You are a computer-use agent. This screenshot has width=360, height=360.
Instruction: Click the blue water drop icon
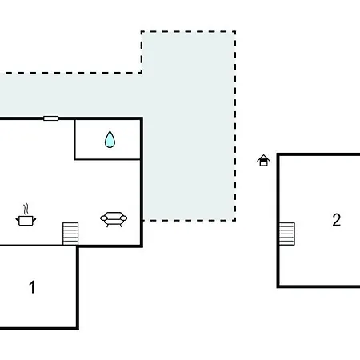[x=110, y=140]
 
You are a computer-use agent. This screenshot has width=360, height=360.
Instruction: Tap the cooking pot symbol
[x=26, y=221]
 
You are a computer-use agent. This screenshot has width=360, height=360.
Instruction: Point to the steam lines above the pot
[x=26, y=210]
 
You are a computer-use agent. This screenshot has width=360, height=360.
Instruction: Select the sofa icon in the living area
[x=114, y=219]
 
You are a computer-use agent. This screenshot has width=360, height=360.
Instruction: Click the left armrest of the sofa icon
[x=104, y=218]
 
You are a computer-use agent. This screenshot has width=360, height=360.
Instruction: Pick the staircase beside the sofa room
[x=70, y=234]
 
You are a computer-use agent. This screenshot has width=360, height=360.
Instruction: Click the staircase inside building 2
[x=287, y=234]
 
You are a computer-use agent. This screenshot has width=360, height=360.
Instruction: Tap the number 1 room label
[x=32, y=287]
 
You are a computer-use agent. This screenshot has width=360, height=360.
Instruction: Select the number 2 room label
[x=337, y=220]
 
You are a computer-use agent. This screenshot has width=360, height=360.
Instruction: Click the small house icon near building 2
[x=263, y=161]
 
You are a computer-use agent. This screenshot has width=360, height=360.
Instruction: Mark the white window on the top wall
[x=51, y=118]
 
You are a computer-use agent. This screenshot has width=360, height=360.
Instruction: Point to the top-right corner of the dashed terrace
[x=235, y=32]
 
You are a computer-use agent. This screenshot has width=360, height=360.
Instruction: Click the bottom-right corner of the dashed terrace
[x=235, y=220]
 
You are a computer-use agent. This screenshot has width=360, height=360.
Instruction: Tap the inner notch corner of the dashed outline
[x=142, y=72]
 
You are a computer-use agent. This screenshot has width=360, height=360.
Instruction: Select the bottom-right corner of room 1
[x=78, y=328]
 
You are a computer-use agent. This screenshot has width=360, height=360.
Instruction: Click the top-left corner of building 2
[x=278, y=154]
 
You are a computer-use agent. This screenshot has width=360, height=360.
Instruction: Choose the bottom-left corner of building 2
[x=278, y=286]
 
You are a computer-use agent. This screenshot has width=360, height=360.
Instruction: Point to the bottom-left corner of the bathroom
[x=75, y=159]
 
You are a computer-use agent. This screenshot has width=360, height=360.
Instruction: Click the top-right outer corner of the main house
[x=142, y=118]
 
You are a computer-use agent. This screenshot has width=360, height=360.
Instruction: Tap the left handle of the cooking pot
[x=18, y=220]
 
